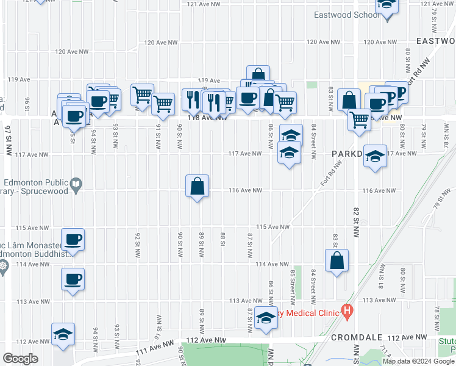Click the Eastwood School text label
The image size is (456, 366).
[346, 15]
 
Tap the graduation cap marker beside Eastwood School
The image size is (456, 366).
[387, 6]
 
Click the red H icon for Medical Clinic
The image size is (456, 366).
[347, 313]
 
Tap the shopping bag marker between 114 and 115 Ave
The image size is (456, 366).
[337, 261]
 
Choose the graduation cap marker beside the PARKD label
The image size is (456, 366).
[376, 156]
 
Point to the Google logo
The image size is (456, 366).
[20, 359]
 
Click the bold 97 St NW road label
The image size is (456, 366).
[8, 141]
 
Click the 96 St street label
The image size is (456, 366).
[27, 104]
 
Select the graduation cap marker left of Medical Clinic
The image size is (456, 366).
[266, 318]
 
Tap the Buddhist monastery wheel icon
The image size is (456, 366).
[3, 266]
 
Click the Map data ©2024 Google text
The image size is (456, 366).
[418, 361]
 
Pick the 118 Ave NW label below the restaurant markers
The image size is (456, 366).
[207, 118]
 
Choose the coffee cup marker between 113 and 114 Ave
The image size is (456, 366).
[73, 280]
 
